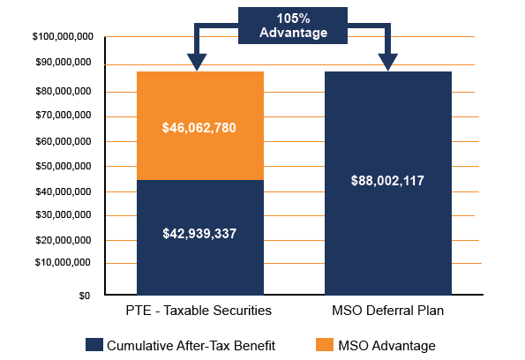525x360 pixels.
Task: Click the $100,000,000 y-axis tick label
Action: (62, 37)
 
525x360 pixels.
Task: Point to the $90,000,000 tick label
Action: (64, 63)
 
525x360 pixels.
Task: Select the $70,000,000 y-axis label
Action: (64, 116)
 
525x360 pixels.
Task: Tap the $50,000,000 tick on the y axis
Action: (64, 166)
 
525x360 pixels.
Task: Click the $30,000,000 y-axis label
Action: (64, 215)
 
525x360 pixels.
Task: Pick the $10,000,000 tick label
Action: (64, 263)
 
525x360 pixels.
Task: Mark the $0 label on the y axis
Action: (84, 296)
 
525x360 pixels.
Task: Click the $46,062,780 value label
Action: (199, 128)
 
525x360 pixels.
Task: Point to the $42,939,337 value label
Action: (199, 234)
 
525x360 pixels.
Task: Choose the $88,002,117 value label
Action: (387, 181)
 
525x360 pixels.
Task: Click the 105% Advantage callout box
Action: (293, 25)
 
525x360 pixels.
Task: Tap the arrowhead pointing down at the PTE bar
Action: (197, 62)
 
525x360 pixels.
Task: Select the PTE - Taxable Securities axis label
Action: (199, 311)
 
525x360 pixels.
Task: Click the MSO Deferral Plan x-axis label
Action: (387, 311)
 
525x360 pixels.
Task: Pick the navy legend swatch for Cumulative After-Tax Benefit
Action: (94, 345)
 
